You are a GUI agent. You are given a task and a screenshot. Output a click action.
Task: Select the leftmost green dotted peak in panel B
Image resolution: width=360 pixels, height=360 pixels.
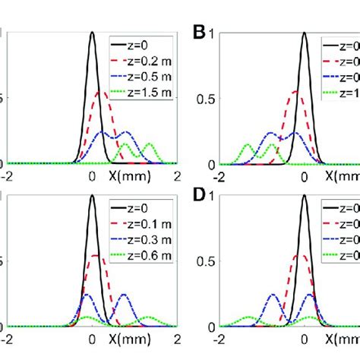(x=248, y=144)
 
